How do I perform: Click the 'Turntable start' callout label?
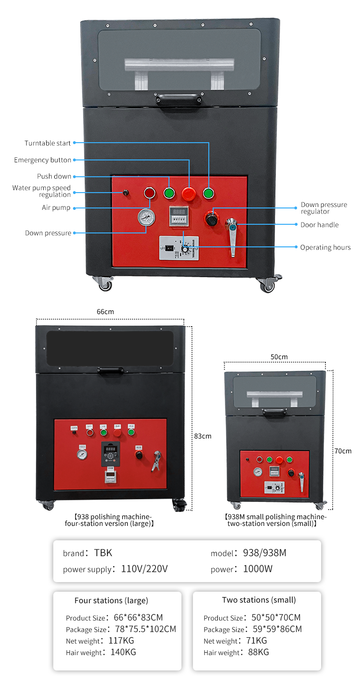(48, 143)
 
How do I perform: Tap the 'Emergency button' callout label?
(42, 160)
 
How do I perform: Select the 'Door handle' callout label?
(319, 225)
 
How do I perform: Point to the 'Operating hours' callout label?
(325, 247)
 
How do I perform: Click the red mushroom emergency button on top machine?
(188, 194)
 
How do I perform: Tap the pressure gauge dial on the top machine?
(146, 218)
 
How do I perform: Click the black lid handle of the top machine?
(178, 99)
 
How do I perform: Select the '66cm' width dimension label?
(105, 312)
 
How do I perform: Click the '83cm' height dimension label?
(203, 436)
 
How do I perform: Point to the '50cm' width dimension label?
(279, 357)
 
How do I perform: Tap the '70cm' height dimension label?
(343, 451)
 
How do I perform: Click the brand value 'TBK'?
(103, 553)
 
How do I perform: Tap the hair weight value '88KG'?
(259, 652)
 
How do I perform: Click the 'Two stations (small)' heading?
(259, 600)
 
